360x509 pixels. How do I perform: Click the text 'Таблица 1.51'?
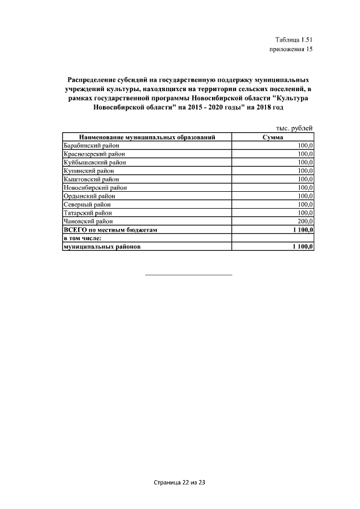pos(294,39)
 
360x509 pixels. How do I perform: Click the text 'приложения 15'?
pos(291,49)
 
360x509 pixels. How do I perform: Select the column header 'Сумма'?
pos(273,137)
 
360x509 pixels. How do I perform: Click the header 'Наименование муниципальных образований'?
pos(147,137)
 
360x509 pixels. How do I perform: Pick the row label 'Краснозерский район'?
pos(94,154)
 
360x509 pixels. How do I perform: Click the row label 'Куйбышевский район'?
pos(94,162)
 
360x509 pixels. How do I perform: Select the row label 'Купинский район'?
pos(89,170)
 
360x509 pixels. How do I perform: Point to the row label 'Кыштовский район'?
pos(90,179)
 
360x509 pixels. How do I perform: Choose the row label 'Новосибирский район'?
pos(95,187)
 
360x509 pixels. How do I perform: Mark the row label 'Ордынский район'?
pos(89,196)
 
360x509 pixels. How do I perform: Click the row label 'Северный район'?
pos(87,205)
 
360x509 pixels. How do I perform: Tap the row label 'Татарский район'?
pos(88,213)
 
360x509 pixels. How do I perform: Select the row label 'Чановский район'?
pos(88,222)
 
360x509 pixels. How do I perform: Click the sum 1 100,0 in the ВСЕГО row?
pos(303,230)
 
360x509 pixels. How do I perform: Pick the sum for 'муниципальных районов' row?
pos(303,247)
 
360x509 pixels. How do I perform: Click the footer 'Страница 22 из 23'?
pos(180,483)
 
